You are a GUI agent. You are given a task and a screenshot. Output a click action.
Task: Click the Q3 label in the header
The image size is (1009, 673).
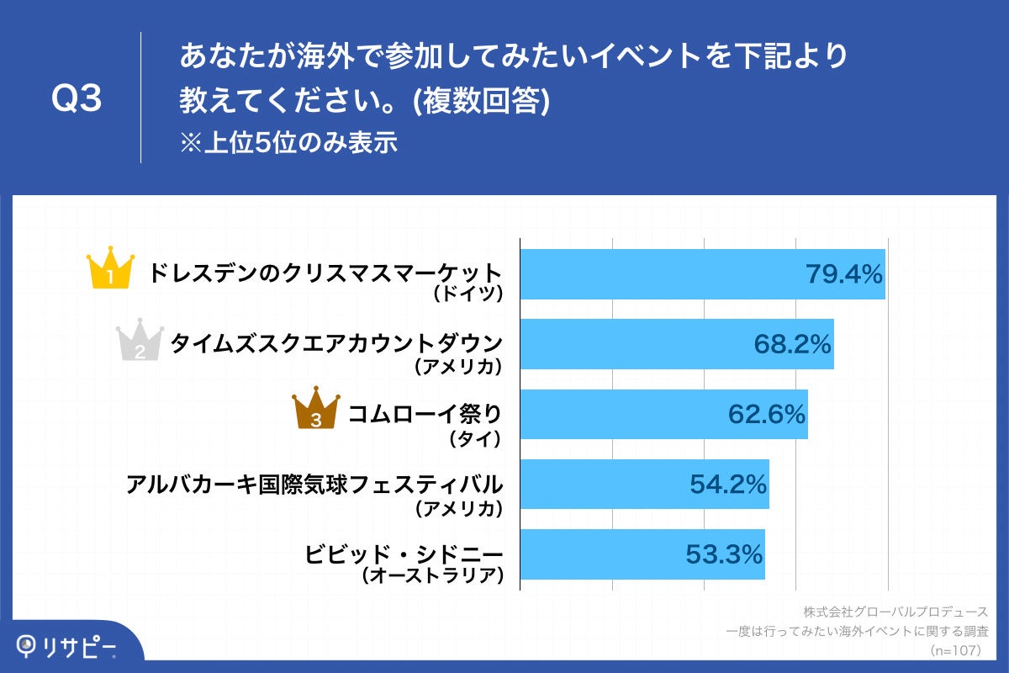click(x=77, y=99)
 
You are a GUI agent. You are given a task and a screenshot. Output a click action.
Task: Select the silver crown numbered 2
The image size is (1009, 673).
click(x=140, y=341)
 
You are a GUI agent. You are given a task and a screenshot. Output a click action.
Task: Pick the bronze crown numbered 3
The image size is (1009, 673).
click(x=315, y=410)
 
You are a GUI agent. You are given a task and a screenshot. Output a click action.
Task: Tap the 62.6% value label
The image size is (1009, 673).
click(x=766, y=414)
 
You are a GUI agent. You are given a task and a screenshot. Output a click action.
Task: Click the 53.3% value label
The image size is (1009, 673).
click(x=724, y=554)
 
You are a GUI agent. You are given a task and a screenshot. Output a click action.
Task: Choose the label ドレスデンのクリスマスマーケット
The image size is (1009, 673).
click(x=325, y=273)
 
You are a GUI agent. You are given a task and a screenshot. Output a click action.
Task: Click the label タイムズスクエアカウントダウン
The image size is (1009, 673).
click(x=336, y=343)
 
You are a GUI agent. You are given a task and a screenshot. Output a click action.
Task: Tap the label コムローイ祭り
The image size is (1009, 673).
click(x=425, y=414)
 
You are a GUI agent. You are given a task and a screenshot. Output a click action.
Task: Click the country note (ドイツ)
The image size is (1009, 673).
click(x=468, y=294)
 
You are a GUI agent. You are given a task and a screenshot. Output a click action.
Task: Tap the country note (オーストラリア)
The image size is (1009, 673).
click(x=432, y=577)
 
